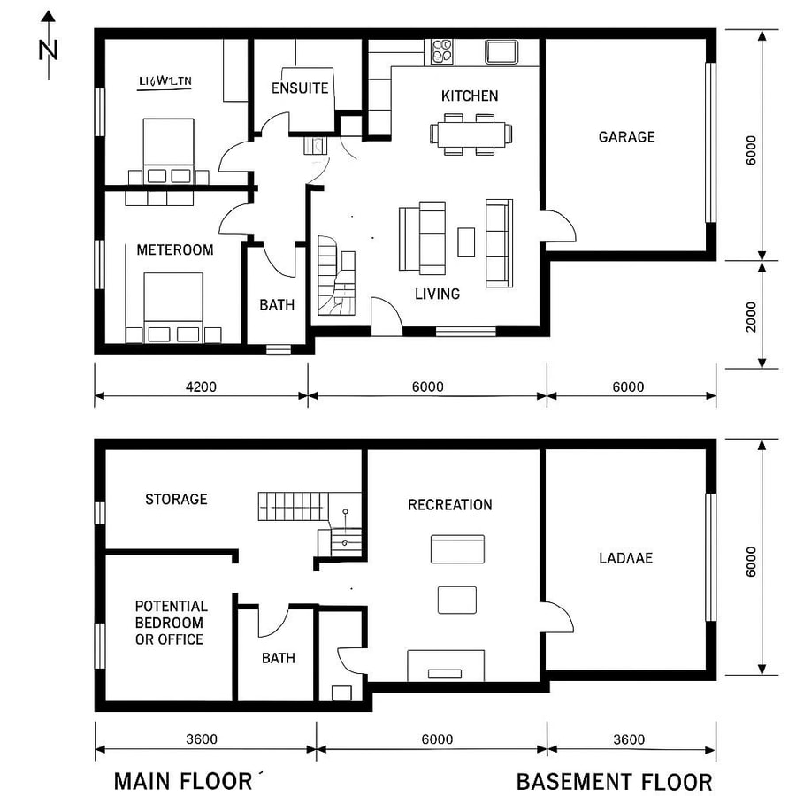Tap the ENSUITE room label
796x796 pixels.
click(x=300, y=88)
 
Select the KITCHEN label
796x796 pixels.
click(x=470, y=96)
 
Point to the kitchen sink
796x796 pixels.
click(x=501, y=51)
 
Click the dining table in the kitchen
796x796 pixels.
click(x=471, y=134)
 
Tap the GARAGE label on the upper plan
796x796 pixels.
click(x=626, y=137)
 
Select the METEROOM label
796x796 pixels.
click(x=175, y=250)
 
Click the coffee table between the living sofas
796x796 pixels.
click(x=466, y=241)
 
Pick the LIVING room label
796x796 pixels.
click(x=438, y=294)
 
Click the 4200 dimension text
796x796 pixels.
click(x=201, y=387)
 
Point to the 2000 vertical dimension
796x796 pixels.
click(x=752, y=316)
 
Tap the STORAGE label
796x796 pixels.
click(x=176, y=500)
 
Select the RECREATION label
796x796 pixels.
click(x=450, y=505)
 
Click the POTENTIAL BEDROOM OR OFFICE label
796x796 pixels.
click(x=172, y=623)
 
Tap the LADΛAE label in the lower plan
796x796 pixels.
click(x=625, y=558)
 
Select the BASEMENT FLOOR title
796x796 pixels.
click(x=614, y=782)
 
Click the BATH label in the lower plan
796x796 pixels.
click(x=279, y=659)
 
